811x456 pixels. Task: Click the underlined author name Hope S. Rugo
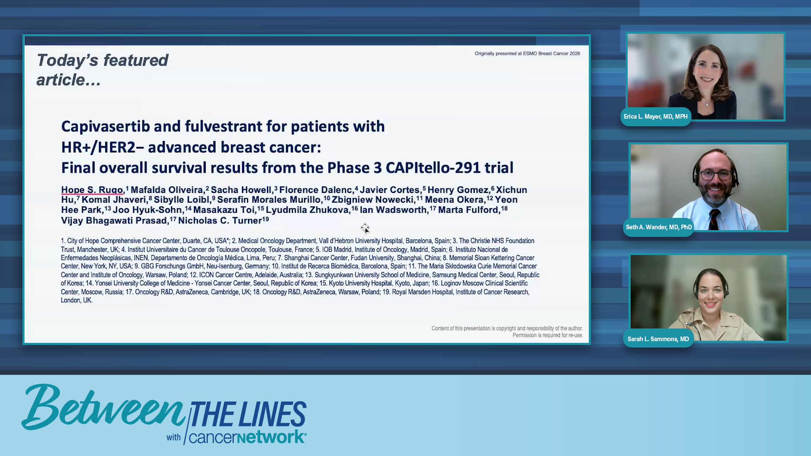click(92, 190)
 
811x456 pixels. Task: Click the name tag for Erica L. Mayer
click(656, 117)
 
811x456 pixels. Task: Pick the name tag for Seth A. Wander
click(659, 227)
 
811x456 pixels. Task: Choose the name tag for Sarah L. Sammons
click(658, 339)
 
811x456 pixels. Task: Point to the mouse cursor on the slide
click(365, 228)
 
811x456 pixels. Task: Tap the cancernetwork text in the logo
click(248, 437)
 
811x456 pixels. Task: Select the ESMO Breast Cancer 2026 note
click(527, 54)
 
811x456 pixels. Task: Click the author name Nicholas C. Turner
click(220, 220)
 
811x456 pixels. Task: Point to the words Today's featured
click(103, 60)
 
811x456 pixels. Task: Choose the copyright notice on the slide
click(507, 332)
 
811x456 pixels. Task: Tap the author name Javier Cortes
click(389, 190)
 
